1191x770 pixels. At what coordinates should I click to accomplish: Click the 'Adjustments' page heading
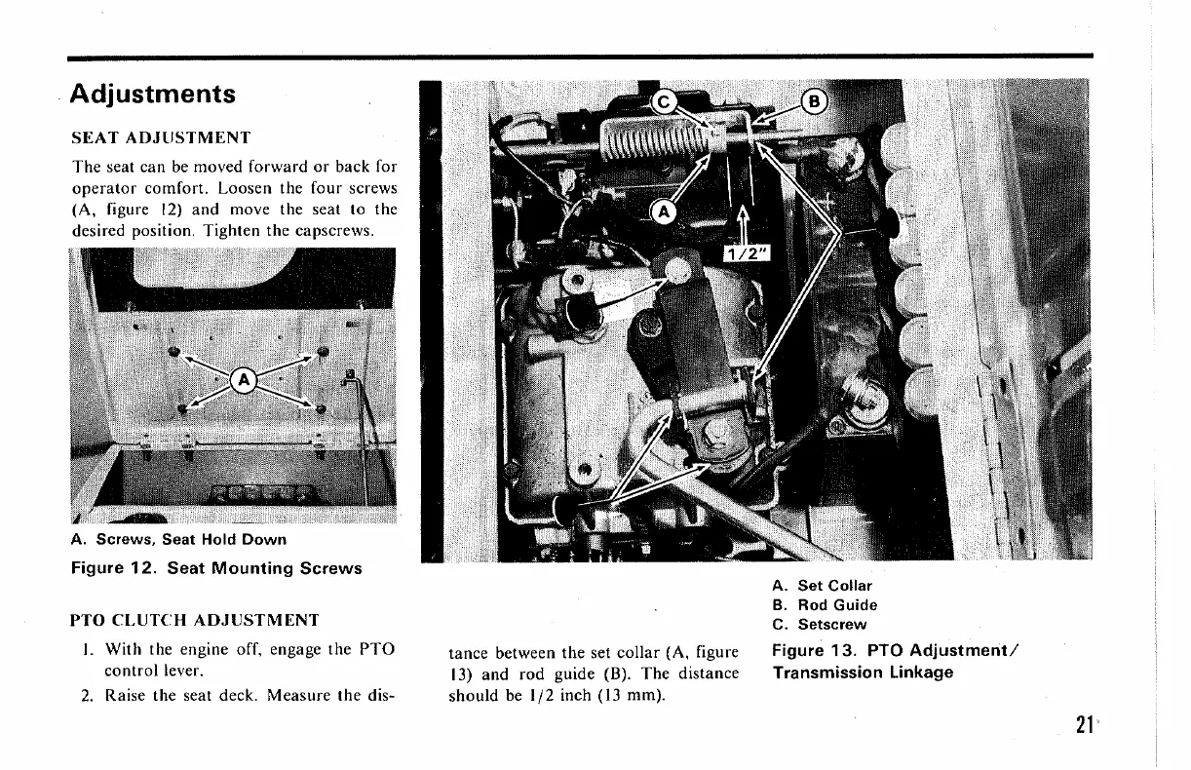(155, 95)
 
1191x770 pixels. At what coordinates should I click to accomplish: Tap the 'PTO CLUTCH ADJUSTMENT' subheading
(194, 619)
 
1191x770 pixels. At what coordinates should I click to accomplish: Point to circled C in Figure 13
(664, 101)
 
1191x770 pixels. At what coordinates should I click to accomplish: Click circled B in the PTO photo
(814, 101)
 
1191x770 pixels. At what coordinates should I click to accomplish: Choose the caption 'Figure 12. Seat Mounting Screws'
(216, 568)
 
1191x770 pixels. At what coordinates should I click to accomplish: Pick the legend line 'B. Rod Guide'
(824, 605)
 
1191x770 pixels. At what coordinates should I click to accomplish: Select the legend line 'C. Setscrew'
(818, 625)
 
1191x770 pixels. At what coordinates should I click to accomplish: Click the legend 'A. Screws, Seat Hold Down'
(178, 539)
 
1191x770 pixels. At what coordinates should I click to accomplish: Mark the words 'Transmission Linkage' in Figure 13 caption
(863, 673)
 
